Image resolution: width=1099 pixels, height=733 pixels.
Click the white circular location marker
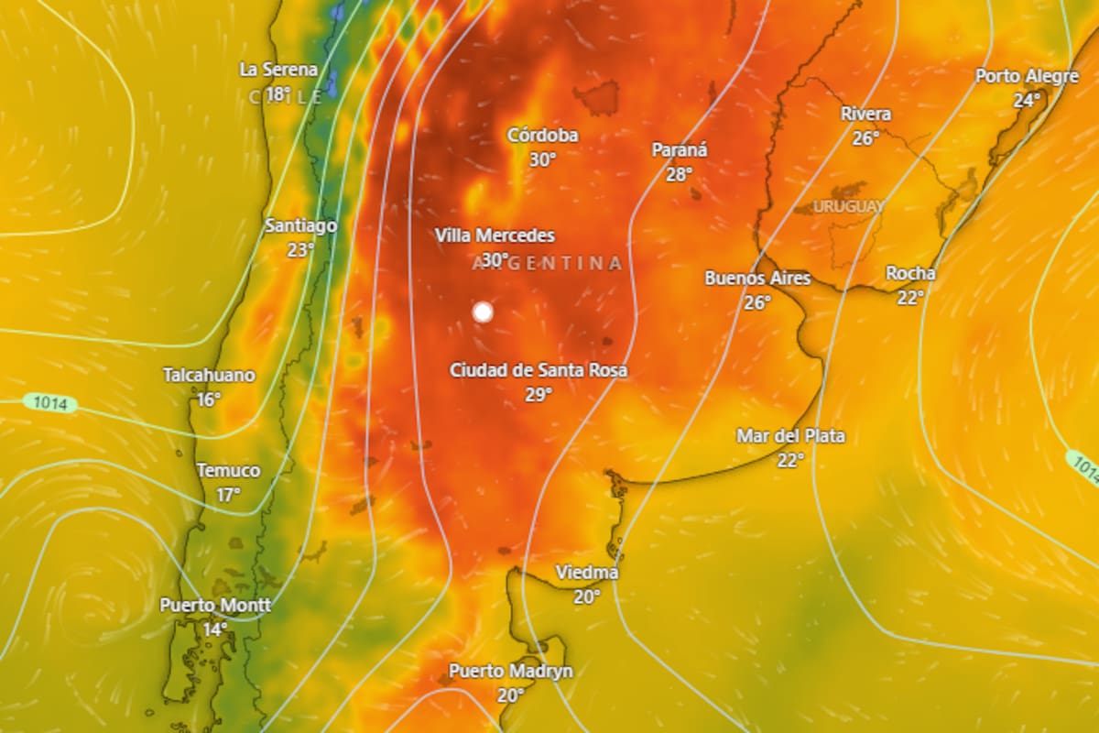[483, 312]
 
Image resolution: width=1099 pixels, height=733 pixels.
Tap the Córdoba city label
[543, 136]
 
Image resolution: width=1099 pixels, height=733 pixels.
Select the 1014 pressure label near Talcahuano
[50, 402]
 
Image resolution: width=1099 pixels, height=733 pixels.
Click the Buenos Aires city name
[757, 278]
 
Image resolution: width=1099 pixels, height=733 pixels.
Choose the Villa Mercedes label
[495, 235]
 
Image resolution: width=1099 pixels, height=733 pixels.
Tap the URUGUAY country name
[849, 206]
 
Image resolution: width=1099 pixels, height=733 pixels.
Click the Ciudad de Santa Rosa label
[539, 370]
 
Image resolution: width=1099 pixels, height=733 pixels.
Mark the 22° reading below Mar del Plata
[790, 460]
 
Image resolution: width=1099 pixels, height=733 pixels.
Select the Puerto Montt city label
[215, 606]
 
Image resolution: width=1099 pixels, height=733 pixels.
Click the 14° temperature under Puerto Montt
[215, 629]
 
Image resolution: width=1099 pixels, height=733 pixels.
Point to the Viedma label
[587, 573]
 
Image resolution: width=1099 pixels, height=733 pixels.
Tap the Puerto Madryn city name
[510, 672]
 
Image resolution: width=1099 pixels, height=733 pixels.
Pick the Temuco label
[228, 471]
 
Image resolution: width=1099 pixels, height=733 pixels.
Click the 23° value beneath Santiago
[300, 249]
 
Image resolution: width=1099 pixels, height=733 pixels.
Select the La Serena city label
[278, 70]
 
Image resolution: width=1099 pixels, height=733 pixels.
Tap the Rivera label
[865, 114]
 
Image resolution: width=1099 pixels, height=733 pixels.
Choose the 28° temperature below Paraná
[679, 174]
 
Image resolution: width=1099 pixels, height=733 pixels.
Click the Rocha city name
[910, 273]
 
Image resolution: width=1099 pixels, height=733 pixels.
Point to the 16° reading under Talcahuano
[209, 399]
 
